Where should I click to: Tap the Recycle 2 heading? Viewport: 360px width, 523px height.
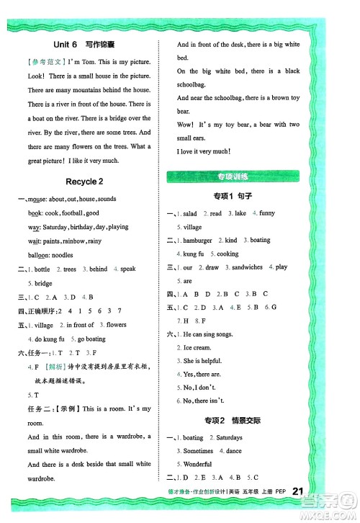89,181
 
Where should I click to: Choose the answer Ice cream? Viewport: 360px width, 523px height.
199,348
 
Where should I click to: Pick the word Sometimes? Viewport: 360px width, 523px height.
199,450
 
